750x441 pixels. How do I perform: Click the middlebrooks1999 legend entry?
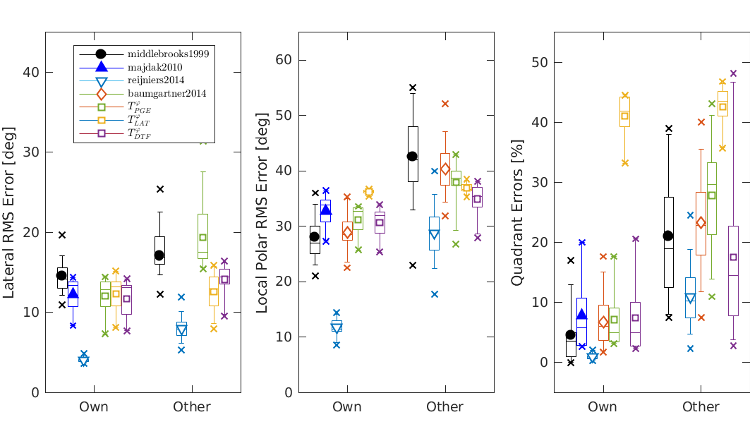pyautogui.click(x=168, y=54)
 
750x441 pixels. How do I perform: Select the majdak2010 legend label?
pyautogui.click(x=155, y=67)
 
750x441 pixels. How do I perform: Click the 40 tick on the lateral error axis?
pyautogui.click(x=32, y=72)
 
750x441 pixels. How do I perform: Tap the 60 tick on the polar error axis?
pyautogui.click(x=284, y=59)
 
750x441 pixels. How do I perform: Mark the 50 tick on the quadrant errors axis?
pyautogui.click(x=540, y=62)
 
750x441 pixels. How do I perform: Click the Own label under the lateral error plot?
pyautogui.click(x=94, y=407)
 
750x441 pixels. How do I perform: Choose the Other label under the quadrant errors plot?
pyautogui.click(x=701, y=407)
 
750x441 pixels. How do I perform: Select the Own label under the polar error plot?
pyautogui.click(x=347, y=407)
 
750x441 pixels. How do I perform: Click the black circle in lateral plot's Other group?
pyautogui.click(x=159, y=255)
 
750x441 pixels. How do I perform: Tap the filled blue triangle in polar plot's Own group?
pyautogui.click(x=326, y=210)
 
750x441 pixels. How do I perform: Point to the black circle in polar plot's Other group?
pyautogui.click(x=412, y=156)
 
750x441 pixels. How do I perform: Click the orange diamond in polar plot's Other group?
pyautogui.click(x=445, y=169)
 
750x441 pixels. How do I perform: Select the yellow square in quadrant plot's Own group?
pyautogui.click(x=624, y=116)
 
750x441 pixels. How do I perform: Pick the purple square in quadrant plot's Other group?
pyautogui.click(x=733, y=257)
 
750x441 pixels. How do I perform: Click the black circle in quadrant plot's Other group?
pyautogui.click(x=668, y=235)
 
